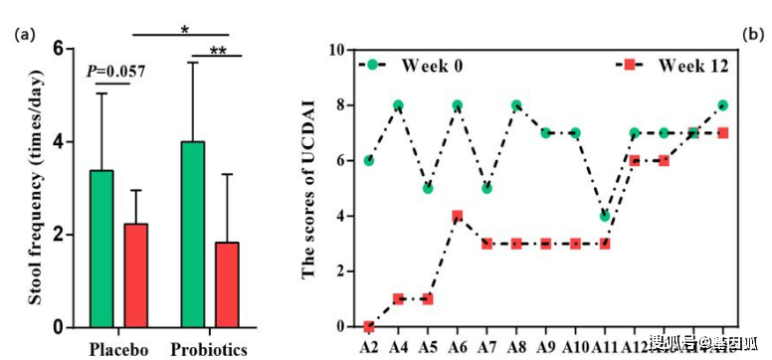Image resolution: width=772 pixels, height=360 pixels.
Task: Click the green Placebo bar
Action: click(101, 249)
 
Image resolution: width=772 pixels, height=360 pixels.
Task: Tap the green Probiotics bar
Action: click(192, 234)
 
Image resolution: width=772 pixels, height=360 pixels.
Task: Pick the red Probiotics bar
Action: click(228, 284)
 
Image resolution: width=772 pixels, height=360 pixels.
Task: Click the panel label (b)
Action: click(753, 35)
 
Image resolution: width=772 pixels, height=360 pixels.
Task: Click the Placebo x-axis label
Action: click(118, 349)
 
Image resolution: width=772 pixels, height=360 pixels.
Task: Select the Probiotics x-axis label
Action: click(209, 349)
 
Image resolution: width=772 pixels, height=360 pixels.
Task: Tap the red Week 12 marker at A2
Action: click(369, 326)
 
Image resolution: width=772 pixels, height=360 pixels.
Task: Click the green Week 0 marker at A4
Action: click(398, 105)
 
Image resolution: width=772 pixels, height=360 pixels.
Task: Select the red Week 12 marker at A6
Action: click(457, 216)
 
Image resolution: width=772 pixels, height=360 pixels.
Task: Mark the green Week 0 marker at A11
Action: click(604, 216)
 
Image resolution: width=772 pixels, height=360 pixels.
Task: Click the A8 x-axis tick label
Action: click(515, 347)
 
